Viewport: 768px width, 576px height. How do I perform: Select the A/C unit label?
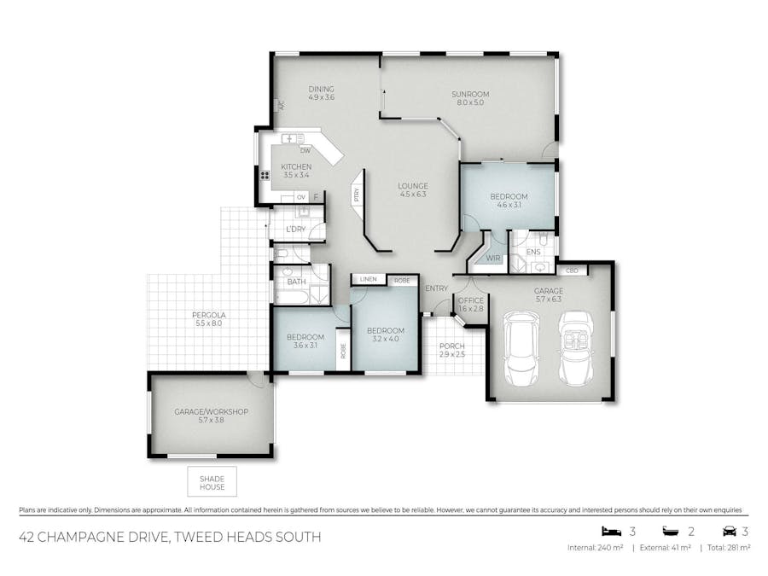click(281, 105)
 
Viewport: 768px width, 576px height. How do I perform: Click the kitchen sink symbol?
click(293, 138)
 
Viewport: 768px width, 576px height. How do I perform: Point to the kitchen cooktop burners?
click(265, 175)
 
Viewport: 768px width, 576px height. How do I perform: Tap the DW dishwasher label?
click(305, 150)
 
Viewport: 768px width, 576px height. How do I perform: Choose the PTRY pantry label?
click(357, 195)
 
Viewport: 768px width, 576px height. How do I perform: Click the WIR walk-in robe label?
click(493, 258)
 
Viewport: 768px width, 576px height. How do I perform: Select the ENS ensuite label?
click(533, 252)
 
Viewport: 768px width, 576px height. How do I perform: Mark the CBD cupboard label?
click(572, 271)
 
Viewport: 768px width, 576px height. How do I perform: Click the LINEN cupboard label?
click(369, 279)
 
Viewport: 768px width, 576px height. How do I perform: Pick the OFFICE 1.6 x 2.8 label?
click(471, 305)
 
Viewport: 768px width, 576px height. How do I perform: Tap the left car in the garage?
click(522, 348)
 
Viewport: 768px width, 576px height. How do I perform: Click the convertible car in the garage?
click(577, 348)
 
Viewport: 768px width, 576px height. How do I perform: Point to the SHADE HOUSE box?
click(212, 481)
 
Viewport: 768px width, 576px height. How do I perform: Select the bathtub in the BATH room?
click(292, 297)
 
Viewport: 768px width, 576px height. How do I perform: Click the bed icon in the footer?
click(611, 531)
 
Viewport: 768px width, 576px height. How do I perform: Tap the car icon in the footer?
click(730, 531)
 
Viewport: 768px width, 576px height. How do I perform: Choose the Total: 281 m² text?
click(729, 548)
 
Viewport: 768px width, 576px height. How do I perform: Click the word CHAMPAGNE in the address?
click(102, 537)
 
